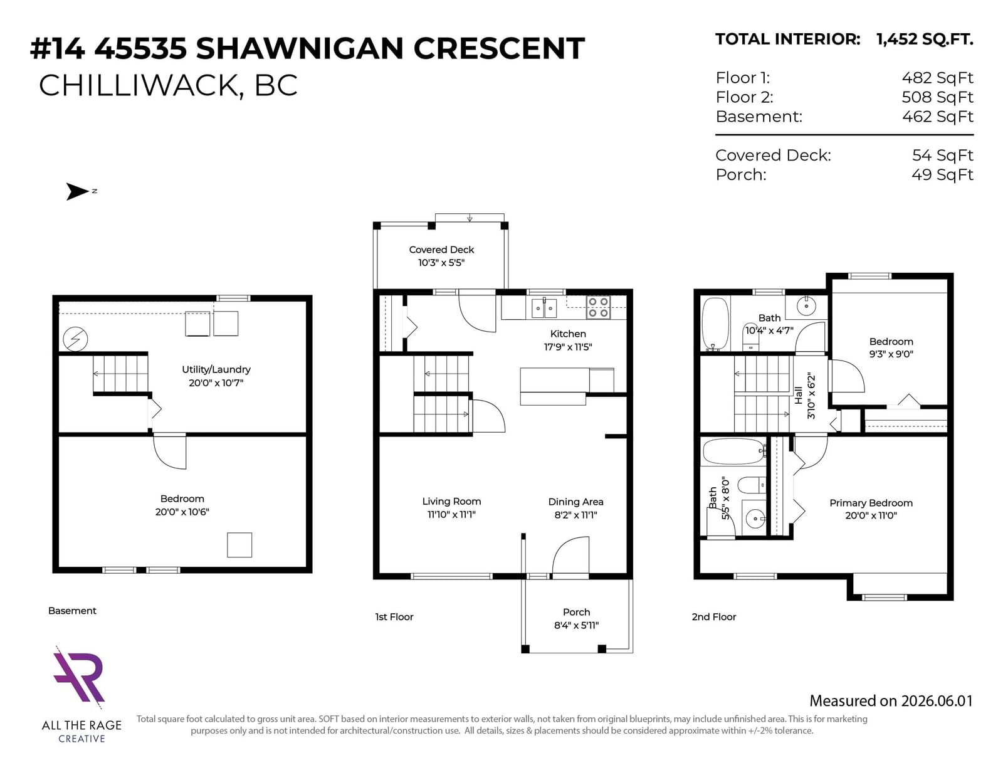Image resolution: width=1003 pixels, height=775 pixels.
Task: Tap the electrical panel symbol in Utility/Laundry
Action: point(75,339)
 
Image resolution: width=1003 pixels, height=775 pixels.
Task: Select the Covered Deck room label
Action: point(441,250)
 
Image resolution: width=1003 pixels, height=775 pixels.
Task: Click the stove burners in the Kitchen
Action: point(598,307)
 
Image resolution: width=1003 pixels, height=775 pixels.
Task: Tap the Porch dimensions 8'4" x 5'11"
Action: point(576,625)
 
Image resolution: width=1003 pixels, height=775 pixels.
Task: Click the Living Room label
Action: point(451,501)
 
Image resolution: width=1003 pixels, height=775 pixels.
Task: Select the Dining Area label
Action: point(575,502)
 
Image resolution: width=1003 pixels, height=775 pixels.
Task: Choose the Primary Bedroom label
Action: point(871,503)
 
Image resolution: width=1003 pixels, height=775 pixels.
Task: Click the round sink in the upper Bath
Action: point(806,306)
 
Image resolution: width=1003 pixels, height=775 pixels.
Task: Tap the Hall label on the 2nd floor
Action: point(799,396)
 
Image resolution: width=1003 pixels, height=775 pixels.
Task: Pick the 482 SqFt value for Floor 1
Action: point(937,78)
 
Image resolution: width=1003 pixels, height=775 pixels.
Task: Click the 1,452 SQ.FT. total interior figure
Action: point(925,40)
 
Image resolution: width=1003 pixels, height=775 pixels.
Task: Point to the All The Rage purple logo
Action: point(79,677)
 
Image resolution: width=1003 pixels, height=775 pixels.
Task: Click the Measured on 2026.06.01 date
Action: point(891,700)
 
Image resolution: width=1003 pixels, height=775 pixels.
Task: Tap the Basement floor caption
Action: point(72,611)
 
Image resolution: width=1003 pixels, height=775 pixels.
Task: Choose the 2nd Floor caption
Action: point(713,616)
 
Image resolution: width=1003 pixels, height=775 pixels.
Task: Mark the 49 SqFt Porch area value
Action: point(942,174)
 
